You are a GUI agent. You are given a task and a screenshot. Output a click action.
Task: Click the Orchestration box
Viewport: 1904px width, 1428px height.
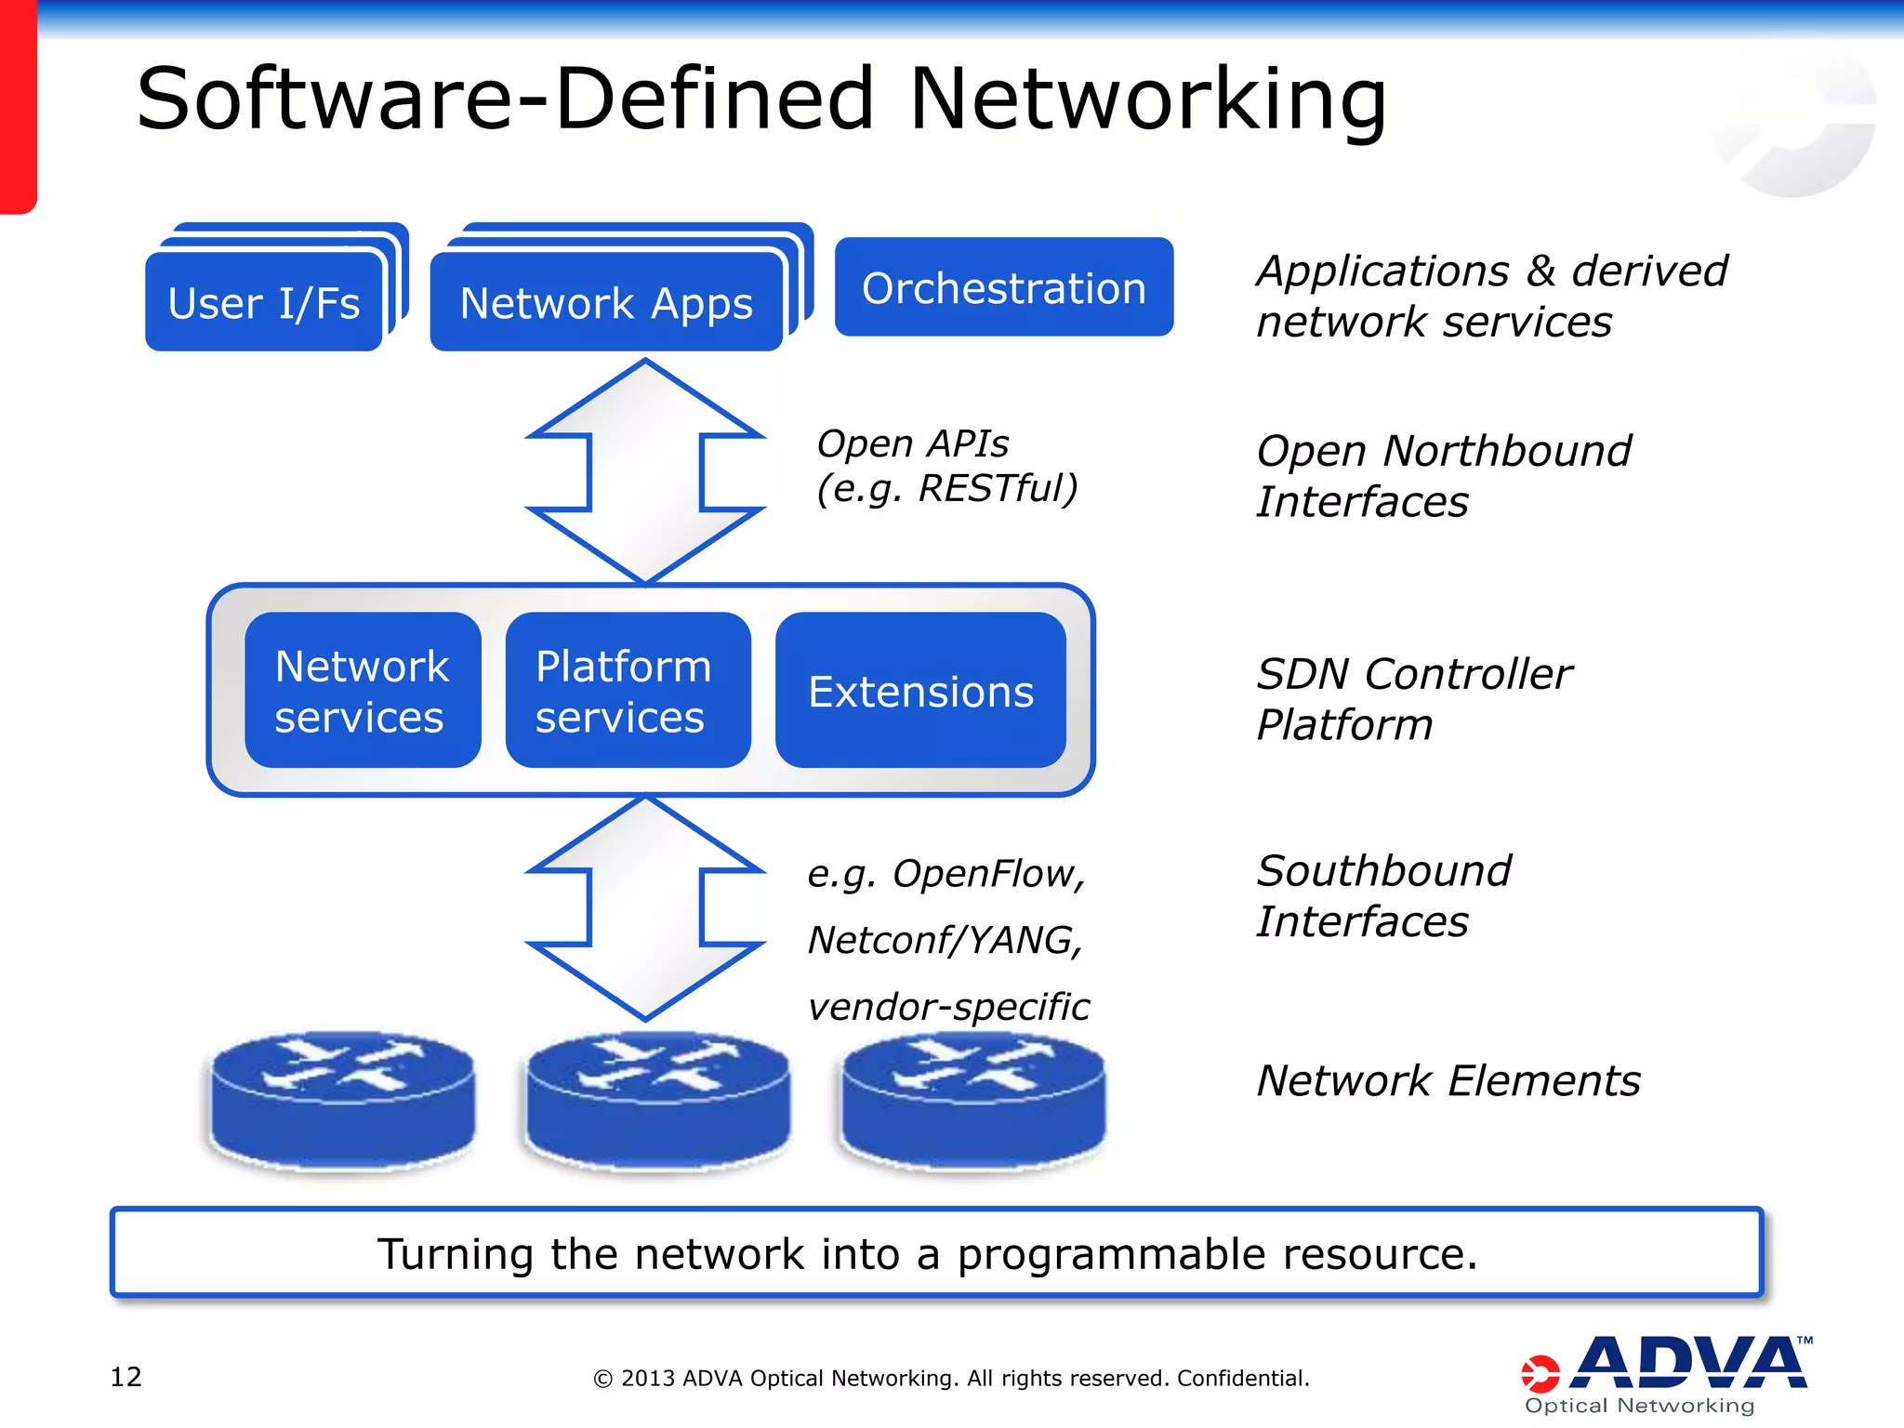1003,287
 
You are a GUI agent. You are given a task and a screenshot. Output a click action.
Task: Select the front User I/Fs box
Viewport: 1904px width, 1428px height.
264,303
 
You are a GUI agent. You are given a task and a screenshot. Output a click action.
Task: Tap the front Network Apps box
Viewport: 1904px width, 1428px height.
606,303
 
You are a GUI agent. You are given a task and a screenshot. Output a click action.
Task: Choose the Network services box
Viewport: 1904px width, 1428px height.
363,691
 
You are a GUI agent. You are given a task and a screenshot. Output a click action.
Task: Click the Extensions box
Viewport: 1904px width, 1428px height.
920,691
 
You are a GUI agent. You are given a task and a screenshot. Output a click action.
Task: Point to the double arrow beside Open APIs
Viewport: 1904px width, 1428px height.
645,471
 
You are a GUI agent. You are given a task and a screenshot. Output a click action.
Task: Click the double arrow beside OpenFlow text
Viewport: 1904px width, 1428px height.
645,908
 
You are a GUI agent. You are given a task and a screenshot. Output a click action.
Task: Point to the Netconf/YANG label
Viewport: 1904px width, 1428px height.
945,940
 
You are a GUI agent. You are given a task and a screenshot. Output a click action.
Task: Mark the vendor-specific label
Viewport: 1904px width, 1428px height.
948,1007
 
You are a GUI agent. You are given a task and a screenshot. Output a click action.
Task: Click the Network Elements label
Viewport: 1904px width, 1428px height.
1448,1080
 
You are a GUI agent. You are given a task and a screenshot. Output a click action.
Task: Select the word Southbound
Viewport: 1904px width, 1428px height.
1383,871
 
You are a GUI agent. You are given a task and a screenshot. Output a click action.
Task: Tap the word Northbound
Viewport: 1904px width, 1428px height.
1507,451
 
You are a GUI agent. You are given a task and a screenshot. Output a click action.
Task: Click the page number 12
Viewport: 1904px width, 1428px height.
126,1376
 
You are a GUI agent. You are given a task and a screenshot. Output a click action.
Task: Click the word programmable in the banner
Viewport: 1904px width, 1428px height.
1111,1254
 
